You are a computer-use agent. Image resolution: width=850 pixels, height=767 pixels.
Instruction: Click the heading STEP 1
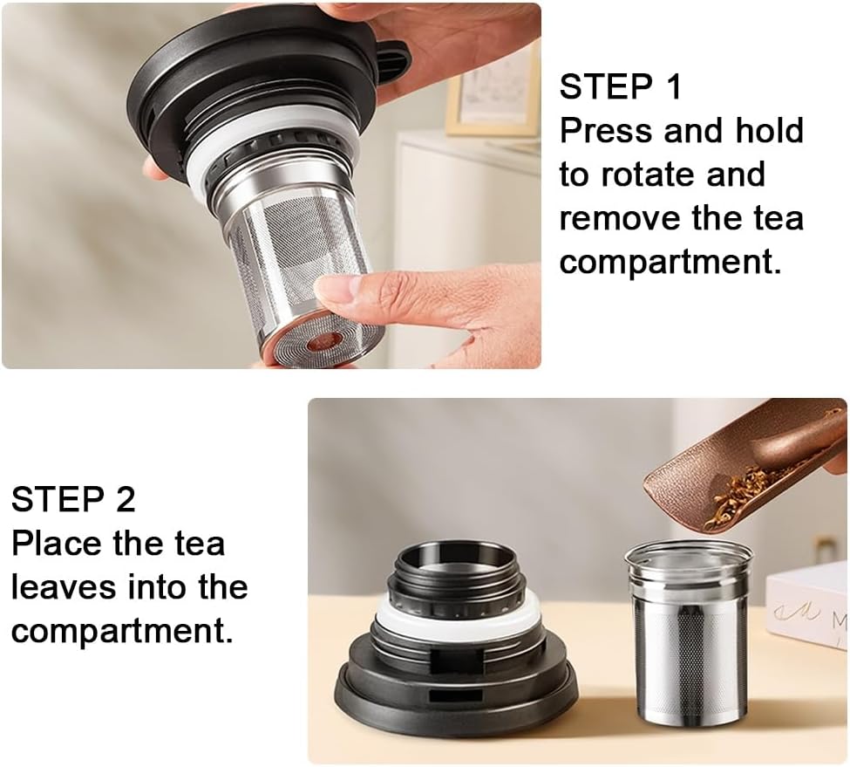tap(620, 88)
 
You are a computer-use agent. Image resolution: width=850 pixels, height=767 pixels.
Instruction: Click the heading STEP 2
tap(73, 500)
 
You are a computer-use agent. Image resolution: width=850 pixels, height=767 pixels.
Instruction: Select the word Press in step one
tap(606, 131)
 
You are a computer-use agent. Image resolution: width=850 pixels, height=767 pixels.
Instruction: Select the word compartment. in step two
tap(122, 631)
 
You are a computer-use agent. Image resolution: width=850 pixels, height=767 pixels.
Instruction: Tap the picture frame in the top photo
tap(493, 96)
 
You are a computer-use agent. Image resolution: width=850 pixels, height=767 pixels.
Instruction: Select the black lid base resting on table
tap(453, 689)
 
